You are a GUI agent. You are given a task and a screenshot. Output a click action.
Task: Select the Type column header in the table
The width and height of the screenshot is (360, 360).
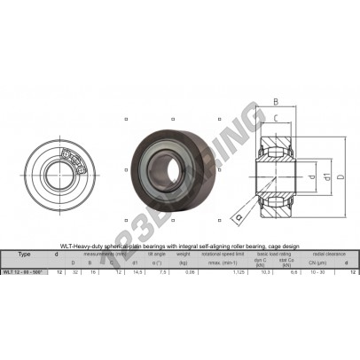[x=24, y=253]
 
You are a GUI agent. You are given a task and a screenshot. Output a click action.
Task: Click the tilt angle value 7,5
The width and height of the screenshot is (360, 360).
[x=160, y=273]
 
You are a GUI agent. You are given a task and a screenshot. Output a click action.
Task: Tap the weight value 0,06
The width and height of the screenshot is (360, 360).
[x=184, y=273]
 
